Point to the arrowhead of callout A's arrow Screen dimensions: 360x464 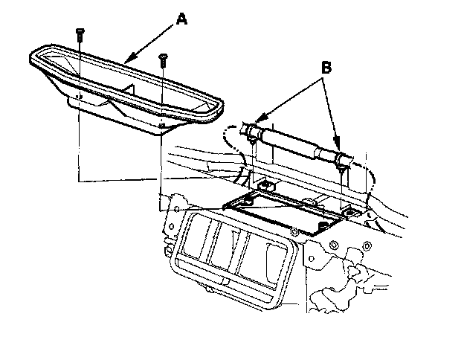pyautogui.click(x=126, y=60)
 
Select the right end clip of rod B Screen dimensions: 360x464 pyautogui.click(x=342, y=160)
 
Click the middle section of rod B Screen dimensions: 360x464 pyautogui.click(x=296, y=147)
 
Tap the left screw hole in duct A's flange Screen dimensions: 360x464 pyautogui.click(x=78, y=95)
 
